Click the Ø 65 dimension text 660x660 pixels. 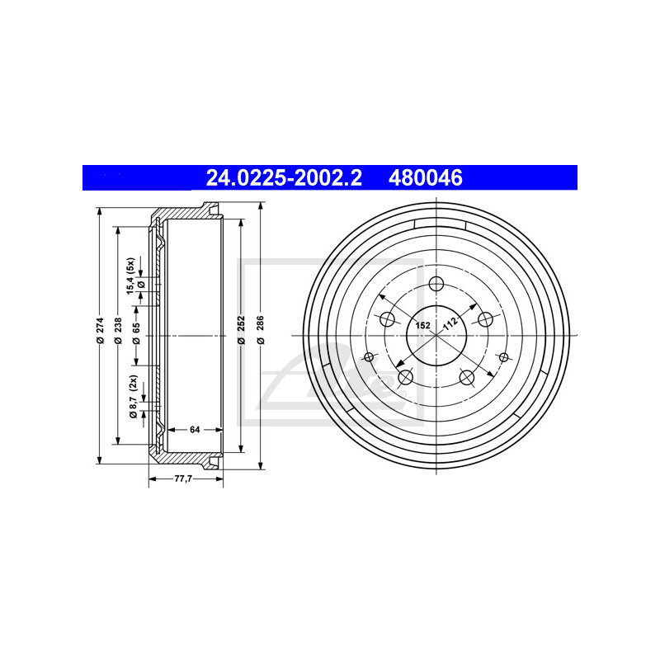tap(136, 334)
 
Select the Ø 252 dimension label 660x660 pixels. tap(241, 334)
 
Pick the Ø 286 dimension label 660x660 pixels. tap(260, 334)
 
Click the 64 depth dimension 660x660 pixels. tap(195, 429)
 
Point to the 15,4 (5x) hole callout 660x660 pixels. tap(130, 275)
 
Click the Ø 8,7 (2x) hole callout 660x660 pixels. tap(131, 398)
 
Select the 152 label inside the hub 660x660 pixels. tap(422, 326)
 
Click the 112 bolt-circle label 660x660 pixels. tap(450, 324)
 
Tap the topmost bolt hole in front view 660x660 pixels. tap(436, 285)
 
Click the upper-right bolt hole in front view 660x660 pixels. tap(485, 320)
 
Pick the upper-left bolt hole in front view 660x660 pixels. tap(386, 320)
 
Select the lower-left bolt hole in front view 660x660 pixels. tap(405, 378)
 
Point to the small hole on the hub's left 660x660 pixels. tap(369, 356)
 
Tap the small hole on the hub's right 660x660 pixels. tap(502, 356)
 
